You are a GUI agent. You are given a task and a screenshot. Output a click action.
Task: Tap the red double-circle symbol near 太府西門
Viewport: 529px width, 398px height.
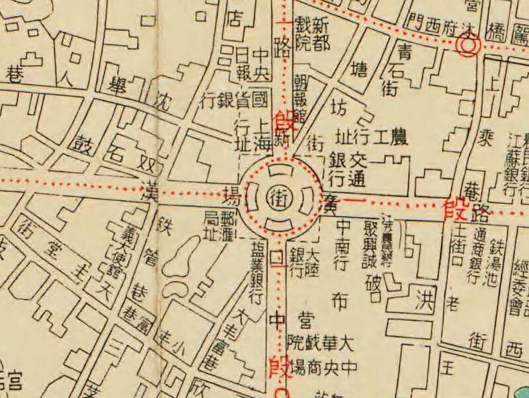point(469,45)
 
